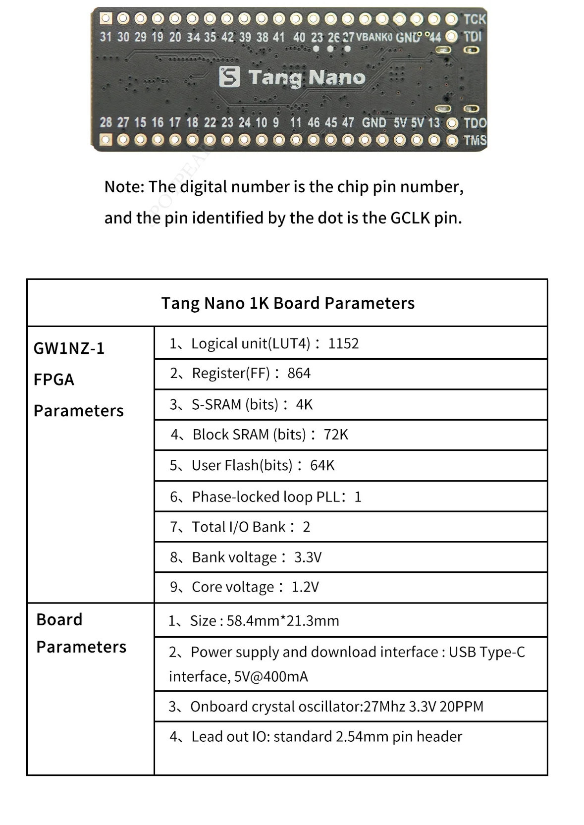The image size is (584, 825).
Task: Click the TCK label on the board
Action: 475,19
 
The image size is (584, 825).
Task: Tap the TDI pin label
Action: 473,37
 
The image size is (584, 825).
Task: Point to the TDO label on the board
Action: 475,123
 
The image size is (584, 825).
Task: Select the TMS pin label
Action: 475,140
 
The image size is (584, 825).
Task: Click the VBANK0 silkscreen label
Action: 374,37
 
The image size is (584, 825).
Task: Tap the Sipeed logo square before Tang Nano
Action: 229,77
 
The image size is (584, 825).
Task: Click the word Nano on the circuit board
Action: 336,78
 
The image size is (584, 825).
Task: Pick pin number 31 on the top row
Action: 106,37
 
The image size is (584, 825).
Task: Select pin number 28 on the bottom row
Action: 106,122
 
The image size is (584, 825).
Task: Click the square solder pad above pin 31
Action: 106,19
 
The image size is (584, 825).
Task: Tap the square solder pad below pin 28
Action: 106,140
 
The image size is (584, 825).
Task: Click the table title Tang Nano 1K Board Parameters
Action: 288,303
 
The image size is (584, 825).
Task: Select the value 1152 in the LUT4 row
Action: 343,343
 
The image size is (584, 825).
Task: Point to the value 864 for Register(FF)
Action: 299,373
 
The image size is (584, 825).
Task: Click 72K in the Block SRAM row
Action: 336,435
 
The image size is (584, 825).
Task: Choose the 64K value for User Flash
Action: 322,465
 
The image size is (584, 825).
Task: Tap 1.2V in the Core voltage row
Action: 305,587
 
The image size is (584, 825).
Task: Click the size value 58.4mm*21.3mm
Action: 283,621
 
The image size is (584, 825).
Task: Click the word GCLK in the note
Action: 410,218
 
